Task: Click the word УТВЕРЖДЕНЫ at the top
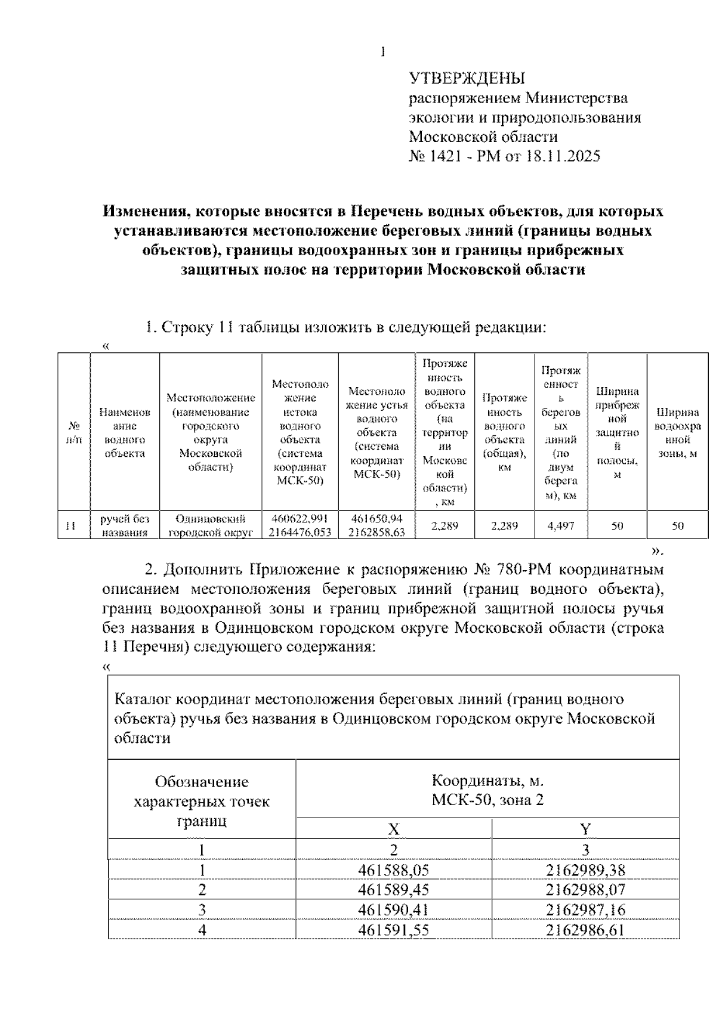467,79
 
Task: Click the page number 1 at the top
382,52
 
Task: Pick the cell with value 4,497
561,526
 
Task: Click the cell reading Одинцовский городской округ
210,526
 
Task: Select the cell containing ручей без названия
125,526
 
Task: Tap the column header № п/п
74,433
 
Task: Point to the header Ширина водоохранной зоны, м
677,433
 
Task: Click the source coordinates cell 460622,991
300,519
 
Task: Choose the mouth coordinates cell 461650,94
376,519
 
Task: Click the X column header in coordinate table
394,829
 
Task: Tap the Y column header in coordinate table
585,829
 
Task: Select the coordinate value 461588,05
394,870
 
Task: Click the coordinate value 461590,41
394,909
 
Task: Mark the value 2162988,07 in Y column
585,890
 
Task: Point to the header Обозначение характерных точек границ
202,801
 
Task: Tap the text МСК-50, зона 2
487,800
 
